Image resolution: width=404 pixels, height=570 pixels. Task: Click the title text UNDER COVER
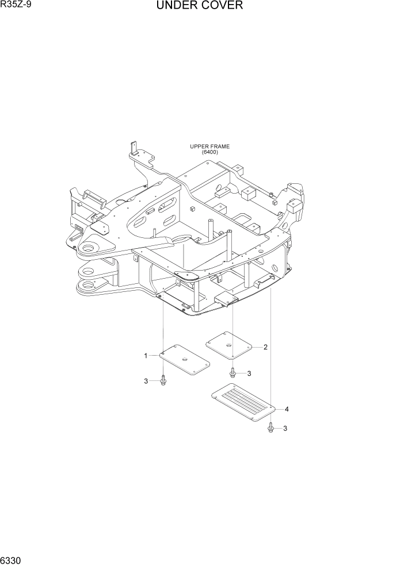click(199, 6)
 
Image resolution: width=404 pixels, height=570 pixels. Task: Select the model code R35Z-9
click(17, 6)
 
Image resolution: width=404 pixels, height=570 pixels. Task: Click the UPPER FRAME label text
click(210, 147)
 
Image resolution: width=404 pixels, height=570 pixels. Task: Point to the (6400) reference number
click(210, 152)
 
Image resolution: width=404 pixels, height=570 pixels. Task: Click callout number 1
click(146, 356)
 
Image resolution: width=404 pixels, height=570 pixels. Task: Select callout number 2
click(265, 346)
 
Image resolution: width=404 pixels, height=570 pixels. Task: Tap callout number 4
click(286, 409)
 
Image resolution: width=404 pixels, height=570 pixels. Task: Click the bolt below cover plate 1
click(163, 380)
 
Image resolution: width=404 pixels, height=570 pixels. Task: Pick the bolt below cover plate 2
click(233, 372)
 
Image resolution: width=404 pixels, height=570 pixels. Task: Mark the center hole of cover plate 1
click(184, 359)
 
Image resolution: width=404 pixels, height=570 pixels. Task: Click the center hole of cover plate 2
click(229, 344)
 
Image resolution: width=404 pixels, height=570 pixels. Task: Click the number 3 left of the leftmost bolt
click(146, 381)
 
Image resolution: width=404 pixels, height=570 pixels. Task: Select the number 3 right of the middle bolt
click(249, 373)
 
